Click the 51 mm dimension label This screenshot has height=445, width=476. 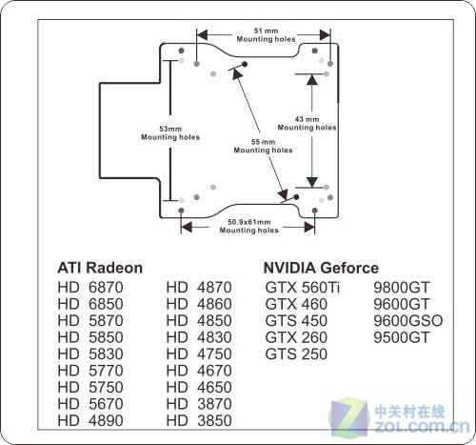click(266, 30)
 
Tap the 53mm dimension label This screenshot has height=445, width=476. click(170, 129)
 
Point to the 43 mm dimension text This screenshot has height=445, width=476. click(307, 119)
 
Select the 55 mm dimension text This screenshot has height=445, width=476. click(263, 142)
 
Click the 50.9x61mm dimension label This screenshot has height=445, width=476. click(249, 222)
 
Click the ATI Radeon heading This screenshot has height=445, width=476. click(100, 268)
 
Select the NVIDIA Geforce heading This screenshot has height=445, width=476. click(321, 268)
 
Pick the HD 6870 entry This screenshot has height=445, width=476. click(90, 288)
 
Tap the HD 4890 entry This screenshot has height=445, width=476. click(90, 420)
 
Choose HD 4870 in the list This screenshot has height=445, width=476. click(199, 288)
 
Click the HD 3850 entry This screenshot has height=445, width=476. click(199, 420)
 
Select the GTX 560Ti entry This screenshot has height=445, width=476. click(303, 288)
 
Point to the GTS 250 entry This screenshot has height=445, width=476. click(296, 354)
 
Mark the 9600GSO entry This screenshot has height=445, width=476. click(408, 321)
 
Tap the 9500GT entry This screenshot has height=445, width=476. click(402, 337)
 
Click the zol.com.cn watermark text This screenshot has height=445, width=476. click(422, 426)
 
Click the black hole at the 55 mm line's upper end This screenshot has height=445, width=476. click(245, 64)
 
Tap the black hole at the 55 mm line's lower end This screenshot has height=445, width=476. click(296, 197)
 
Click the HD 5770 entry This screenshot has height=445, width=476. click(90, 371)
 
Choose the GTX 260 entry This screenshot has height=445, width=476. click(296, 337)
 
